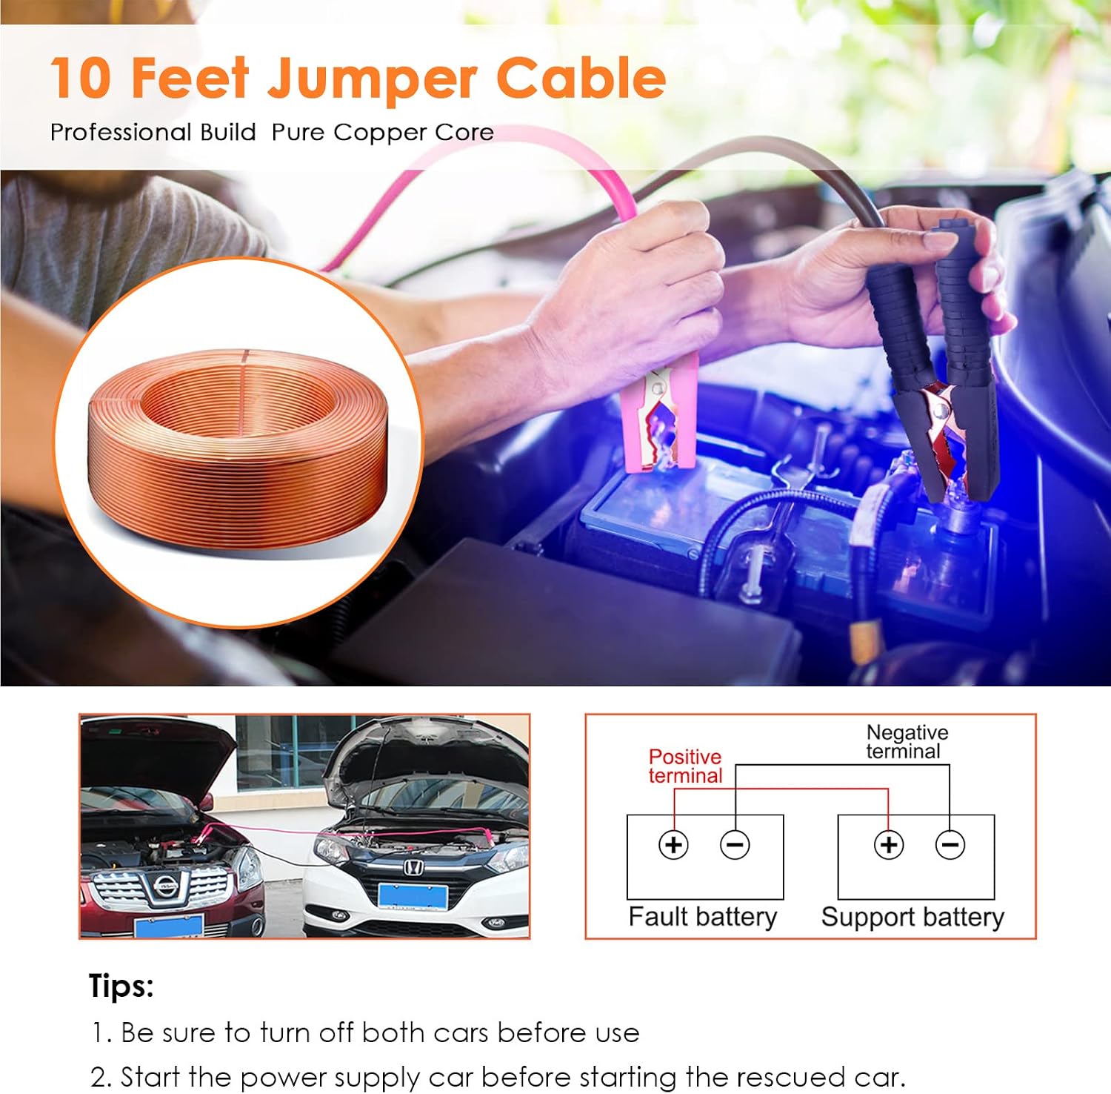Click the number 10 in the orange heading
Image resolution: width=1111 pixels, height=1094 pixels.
81,79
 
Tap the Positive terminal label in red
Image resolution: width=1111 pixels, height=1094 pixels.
684,766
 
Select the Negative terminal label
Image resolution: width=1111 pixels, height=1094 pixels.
907,742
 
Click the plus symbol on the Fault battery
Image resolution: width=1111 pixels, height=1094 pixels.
673,845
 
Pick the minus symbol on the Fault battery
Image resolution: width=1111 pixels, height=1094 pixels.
735,845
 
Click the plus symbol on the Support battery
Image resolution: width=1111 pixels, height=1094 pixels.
889,845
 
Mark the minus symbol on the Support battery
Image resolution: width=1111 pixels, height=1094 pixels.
950,845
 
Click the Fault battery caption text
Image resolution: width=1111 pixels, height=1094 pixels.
703,917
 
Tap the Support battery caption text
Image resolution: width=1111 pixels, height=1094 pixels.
913,918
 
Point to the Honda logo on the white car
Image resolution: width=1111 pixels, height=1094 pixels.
412,867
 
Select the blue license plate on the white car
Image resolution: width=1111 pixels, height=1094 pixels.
413,896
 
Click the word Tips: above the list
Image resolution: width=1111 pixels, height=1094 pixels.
121,987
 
